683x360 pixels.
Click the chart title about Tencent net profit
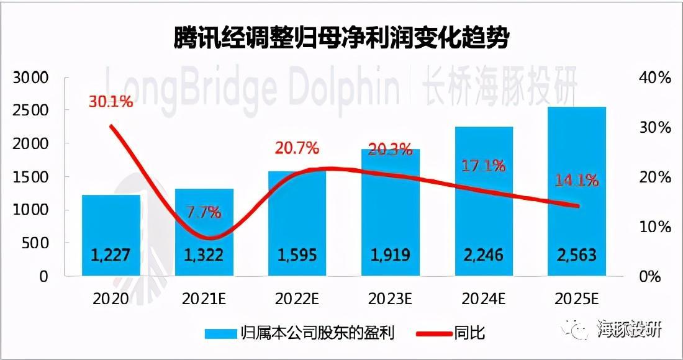[x=341, y=38]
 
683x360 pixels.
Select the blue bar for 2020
[x=111, y=223]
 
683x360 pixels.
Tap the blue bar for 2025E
[x=576, y=186]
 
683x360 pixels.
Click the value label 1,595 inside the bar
[x=297, y=254]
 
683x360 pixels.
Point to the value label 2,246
[x=484, y=254]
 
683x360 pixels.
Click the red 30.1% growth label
[x=111, y=102]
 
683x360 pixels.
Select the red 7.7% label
[x=204, y=212]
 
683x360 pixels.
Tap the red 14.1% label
[x=577, y=181]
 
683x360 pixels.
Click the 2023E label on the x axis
[x=390, y=299]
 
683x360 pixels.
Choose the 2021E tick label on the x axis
[x=204, y=299]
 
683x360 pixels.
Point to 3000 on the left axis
[x=30, y=78]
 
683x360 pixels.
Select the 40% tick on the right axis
[x=655, y=78]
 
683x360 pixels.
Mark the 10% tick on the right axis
[x=655, y=227]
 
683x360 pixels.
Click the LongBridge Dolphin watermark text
[x=251, y=86]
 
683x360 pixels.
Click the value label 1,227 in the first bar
[x=111, y=254]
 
